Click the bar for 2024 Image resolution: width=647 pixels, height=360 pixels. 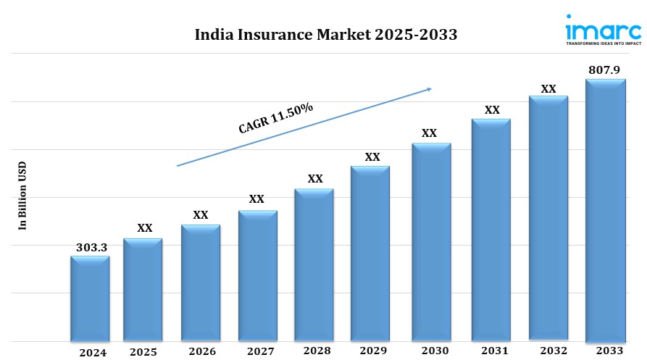point(90,298)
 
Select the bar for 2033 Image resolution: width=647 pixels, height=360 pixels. point(605,210)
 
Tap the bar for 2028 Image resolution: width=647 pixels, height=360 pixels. point(314,264)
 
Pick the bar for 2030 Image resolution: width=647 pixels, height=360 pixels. point(431,241)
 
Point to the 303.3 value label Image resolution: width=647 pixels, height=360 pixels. point(91,248)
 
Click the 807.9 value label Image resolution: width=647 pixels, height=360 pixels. point(606,71)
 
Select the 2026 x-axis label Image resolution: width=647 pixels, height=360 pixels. point(201,352)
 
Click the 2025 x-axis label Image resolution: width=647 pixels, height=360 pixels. point(143,352)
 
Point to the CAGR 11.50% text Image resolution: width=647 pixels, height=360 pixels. point(276,118)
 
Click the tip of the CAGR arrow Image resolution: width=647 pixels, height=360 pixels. point(431,88)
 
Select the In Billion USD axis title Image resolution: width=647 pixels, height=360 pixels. point(22,196)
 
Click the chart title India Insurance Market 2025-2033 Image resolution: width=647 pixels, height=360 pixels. point(326,35)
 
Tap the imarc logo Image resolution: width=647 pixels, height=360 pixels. point(602,30)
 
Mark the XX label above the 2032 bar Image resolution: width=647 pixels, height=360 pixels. point(548,89)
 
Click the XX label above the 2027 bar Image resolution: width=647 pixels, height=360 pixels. point(256,199)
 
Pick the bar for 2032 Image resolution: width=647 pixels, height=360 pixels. point(548,217)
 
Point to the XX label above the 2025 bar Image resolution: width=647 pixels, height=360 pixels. point(145,228)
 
